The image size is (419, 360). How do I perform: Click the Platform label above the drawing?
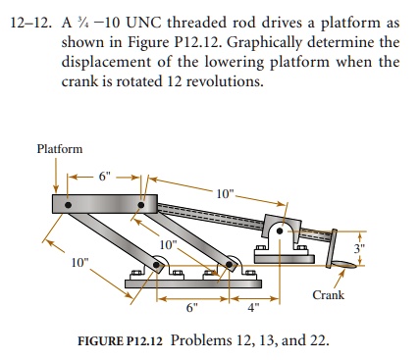pos(59,148)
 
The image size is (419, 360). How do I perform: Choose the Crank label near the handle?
pos(328,294)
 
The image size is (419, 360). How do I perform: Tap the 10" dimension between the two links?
pos(168,243)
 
